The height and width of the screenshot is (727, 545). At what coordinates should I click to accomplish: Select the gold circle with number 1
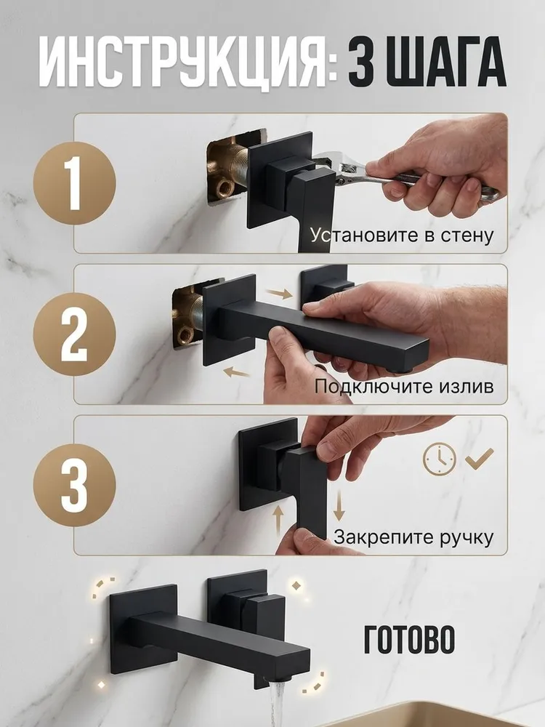[x=75, y=183]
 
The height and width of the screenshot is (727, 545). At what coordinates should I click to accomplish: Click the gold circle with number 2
[x=75, y=334]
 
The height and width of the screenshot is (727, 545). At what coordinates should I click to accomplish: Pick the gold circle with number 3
[x=75, y=486]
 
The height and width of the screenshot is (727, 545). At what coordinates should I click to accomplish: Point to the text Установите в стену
[x=401, y=235]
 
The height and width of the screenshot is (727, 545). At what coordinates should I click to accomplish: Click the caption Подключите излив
[x=404, y=386]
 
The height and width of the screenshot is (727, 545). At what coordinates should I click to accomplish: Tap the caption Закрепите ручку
[x=413, y=537]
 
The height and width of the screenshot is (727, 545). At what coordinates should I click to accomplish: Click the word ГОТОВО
[x=409, y=639]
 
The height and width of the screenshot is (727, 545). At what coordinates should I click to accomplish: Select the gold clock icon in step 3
[x=440, y=459]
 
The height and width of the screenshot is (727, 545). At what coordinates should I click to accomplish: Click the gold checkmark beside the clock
[x=480, y=459]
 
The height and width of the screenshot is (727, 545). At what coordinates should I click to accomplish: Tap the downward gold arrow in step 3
[x=339, y=505]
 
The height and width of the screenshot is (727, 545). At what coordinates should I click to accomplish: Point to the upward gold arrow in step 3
[x=278, y=521]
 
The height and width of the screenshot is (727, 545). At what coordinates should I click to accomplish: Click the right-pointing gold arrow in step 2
[x=279, y=293]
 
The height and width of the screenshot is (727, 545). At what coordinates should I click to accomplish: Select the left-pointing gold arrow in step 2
[x=237, y=371]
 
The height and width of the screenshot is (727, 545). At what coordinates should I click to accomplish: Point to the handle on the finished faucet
[x=262, y=615]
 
